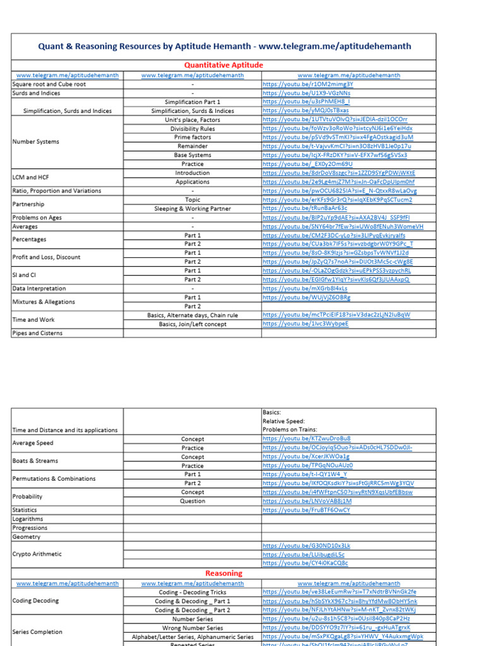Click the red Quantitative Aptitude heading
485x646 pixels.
pyautogui.click(x=224, y=65)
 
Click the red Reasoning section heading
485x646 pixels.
pyautogui.click(x=224, y=573)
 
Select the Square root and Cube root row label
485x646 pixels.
pyautogui.click(x=49, y=84)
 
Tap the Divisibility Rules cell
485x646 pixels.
pyautogui.click(x=193, y=129)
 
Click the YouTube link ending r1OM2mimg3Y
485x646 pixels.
pyautogui.click(x=308, y=84)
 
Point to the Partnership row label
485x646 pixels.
pyautogui.click(x=28, y=204)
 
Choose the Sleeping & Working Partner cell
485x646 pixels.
pyautogui.click(x=193, y=209)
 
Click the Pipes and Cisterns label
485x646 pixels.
pyautogui.click(x=37, y=333)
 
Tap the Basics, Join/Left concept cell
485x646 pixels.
pyautogui.click(x=193, y=324)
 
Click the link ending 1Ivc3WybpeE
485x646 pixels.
pyautogui.click(x=305, y=324)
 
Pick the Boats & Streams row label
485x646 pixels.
pyautogui.click(x=35, y=461)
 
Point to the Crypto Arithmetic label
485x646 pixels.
pyautogui.click(x=37, y=554)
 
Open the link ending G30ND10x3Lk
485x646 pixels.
pyautogui.click(x=306, y=546)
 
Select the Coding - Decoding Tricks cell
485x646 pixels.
pyautogui.click(x=193, y=592)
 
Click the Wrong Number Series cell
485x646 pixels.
pyautogui.click(x=193, y=628)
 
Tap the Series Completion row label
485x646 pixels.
pyautogui.click(x=37, y=631)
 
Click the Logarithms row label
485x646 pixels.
pyautogui.click(x=28, y=519)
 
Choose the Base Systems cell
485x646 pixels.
pyautogui.click(x=193, y=155)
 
